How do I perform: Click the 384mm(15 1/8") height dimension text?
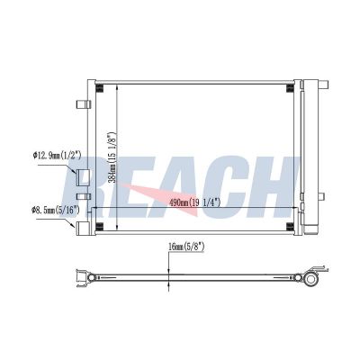click(x=112, y=157)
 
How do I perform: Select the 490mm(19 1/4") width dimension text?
click(x=195, y=202)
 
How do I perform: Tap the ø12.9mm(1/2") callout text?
click(x=58, y=155)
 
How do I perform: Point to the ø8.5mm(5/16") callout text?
click(x=56, y=210)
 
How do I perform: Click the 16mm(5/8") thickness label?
click(x=186, y=247)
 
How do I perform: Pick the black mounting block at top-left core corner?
click(x=100, y=88)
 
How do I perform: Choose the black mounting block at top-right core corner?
click(x=290, y=88)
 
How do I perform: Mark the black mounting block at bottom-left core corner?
click(x=100, y=227)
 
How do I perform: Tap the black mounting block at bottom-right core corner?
click(x=290, y=227)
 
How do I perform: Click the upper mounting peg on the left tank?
click(x=83, y=104)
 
